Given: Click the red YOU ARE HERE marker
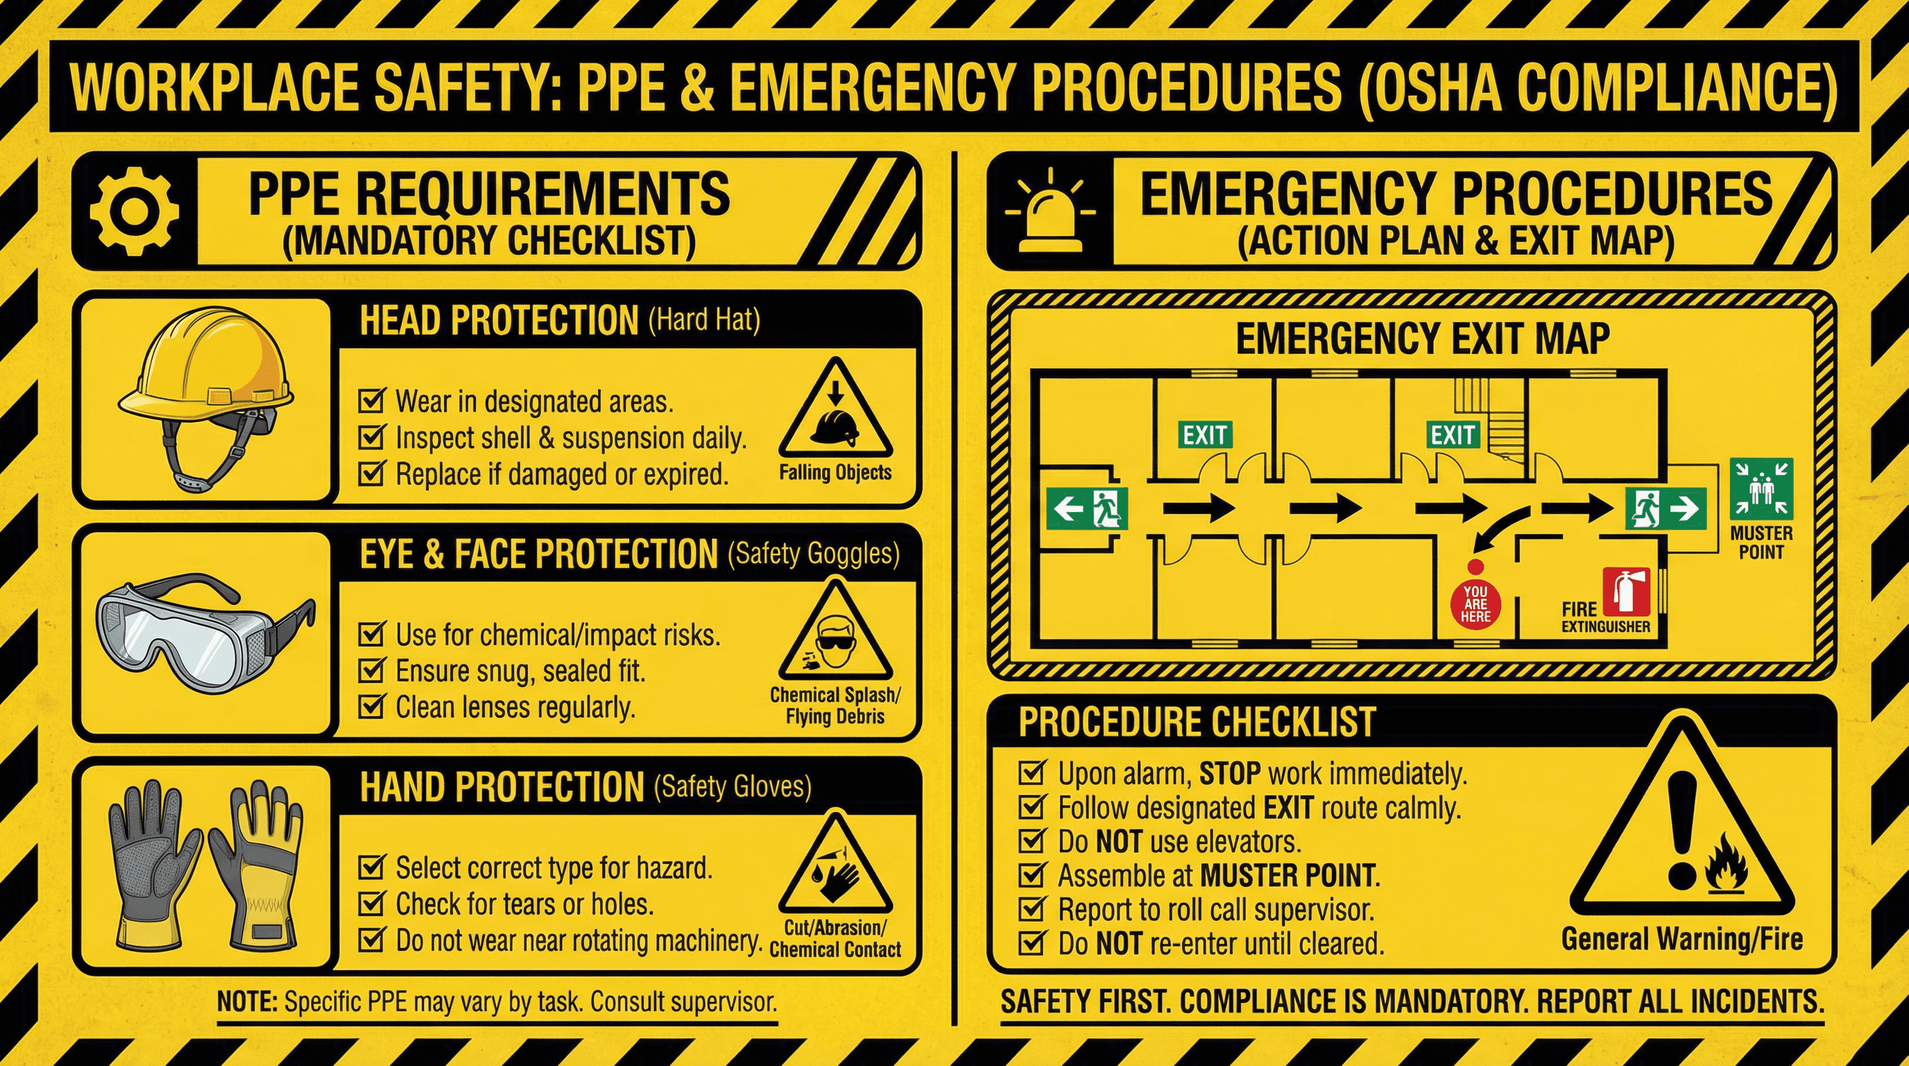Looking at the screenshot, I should click(x=1475, y=602).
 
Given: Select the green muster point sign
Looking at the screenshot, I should click(x=1761, y=489).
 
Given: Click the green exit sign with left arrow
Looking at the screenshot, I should click(x=1087, y=509).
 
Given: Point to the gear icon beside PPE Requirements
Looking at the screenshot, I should click(x=134, y=211).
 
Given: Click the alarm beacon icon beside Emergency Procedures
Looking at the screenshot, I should click(x=1050, y=211).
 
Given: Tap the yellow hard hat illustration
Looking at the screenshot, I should click(x=206, y=371).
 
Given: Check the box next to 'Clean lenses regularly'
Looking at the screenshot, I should click(x=370, y=707).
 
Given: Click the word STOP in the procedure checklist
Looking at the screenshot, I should click(x=1229, y=773).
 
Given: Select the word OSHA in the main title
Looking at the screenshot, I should click(x=1441, y=87).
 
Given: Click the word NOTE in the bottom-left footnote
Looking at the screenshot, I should click(x=247, y=1001).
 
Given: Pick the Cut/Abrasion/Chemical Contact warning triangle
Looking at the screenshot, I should click(x=835, y=871).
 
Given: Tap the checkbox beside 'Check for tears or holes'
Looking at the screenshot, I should click(x=370, y=904).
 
